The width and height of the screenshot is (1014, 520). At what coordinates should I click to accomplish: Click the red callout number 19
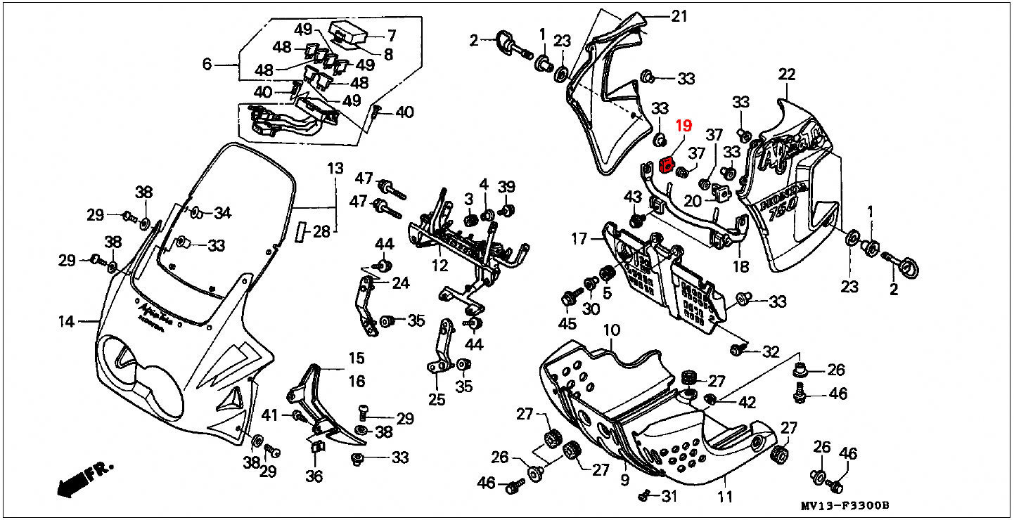684,126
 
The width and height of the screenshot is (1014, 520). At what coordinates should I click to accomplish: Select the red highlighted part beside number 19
666,166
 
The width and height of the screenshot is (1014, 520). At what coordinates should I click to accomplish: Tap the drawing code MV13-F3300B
845,505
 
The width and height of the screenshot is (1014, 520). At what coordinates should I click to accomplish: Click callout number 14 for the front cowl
66,322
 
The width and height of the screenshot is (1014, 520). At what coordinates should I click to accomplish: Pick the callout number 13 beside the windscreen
335,169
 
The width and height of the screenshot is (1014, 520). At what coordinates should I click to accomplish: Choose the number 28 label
321,231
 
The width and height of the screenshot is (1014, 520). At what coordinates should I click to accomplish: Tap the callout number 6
207,65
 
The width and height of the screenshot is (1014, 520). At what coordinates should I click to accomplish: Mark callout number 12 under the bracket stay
439,266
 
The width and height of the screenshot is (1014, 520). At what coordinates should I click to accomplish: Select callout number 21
679,16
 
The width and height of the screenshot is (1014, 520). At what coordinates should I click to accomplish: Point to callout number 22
786,74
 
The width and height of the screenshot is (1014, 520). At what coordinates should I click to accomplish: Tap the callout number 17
578,239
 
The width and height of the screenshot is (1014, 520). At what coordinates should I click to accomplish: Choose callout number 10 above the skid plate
610,330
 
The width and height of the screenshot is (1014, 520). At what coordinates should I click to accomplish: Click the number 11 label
725,497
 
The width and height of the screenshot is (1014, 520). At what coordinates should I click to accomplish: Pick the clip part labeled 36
316,446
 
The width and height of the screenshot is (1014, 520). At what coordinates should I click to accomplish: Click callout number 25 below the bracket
437,400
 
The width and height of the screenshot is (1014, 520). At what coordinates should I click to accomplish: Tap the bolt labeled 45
568,299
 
